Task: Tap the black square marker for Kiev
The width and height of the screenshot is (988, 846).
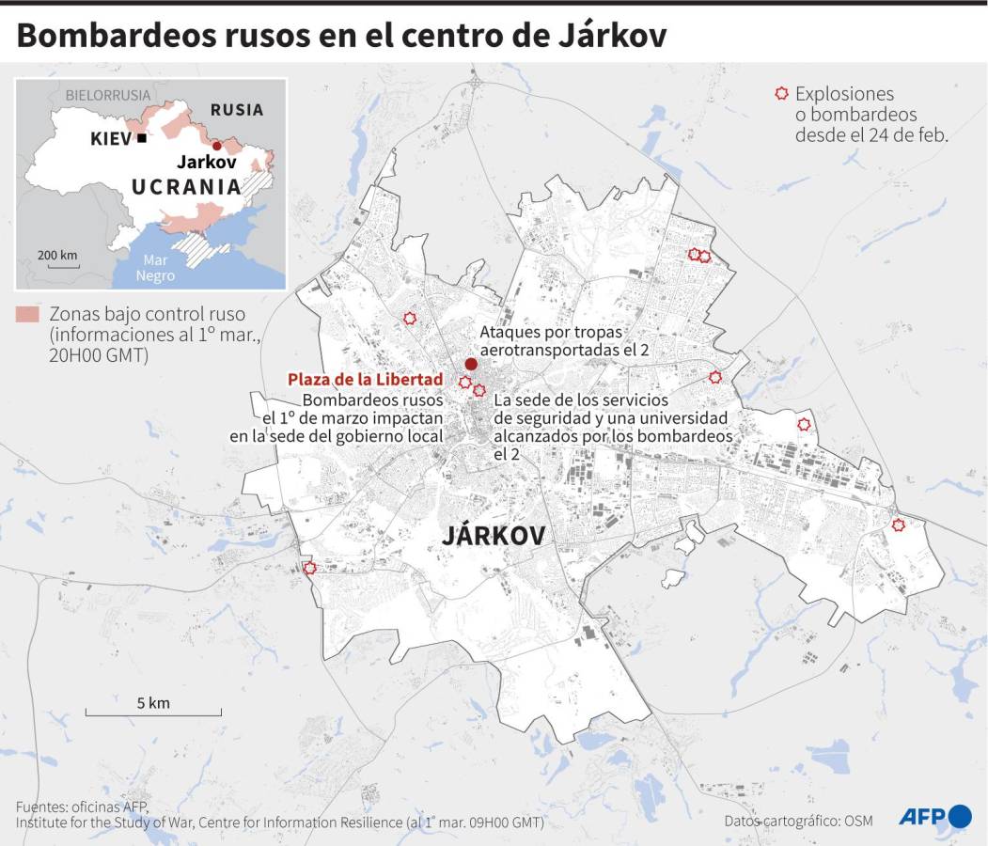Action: point(141,138)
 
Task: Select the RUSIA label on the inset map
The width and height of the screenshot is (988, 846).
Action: point(236,110)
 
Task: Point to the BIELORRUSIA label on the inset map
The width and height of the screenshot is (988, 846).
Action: point(107,95)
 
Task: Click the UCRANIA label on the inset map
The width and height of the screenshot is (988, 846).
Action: point(186,186)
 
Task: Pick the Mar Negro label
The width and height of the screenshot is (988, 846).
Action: point(155,268)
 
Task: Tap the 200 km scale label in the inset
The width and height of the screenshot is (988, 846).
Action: point(57,255)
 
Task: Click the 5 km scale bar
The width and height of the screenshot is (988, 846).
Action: point(153,715)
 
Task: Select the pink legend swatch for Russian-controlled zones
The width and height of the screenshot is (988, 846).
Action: point(27,314)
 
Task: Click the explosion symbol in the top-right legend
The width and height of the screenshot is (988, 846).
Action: point(780,93)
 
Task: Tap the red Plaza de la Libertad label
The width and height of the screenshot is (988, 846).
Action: point(366,379)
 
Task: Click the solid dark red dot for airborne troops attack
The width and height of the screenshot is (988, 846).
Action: point(471,364)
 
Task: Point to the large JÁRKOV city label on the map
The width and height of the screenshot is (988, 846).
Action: point(494,536)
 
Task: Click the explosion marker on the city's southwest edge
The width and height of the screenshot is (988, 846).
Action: point(309,568)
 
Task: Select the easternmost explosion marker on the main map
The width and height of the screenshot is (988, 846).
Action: point(898,525)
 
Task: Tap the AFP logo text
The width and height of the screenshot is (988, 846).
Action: point(922,817)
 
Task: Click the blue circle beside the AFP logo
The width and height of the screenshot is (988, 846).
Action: point(960,816)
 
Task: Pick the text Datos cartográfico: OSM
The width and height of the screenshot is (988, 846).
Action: point(798,821)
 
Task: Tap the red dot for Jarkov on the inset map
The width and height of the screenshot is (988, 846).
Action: point(216,145)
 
